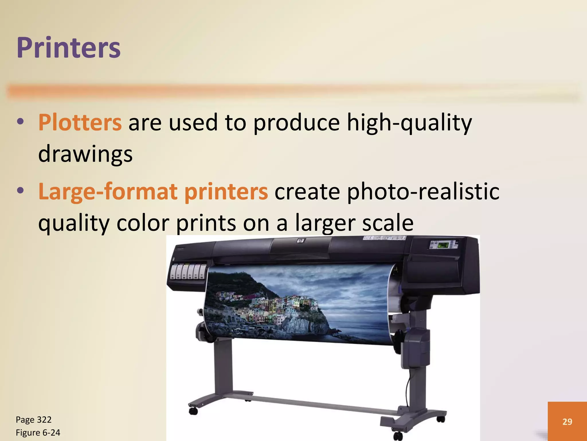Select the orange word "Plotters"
pyautogui.click(x=80, y=123)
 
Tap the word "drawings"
pyautogui.click(x=85, y=154)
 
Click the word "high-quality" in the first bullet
pyautogui.click(x=409, y=123)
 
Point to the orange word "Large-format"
pyautogui.click(x=108, y=192)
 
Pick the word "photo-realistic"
pyautogui.click(x=423, y=192)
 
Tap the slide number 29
pyautogui.click(x=567, y=421)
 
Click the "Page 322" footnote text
pyautogui.click(x=34, y=420)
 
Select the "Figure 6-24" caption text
pyautogui.click(x=38, y=433)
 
